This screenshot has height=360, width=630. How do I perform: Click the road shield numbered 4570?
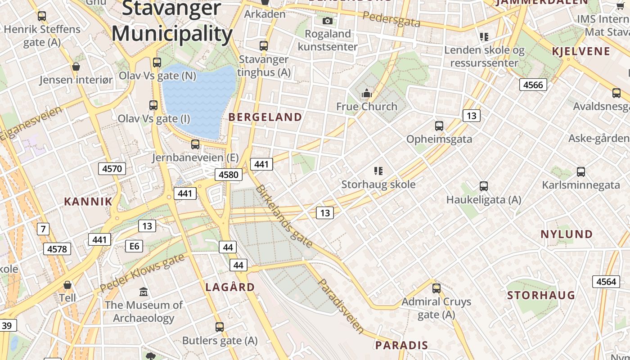[112, 169]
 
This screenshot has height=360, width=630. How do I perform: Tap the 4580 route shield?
[229, 175]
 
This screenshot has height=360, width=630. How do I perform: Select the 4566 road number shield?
[533, 85]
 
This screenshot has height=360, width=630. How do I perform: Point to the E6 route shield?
[134, 246]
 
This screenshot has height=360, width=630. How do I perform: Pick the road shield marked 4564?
[606, 282]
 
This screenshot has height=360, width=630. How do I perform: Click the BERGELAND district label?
[265, 117]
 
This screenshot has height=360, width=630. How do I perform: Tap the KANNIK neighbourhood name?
[88, 202]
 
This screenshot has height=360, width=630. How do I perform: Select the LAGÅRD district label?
[230, 287]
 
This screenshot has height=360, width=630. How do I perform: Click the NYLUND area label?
[567, 234]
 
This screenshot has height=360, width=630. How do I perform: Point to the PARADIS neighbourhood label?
[401, 346]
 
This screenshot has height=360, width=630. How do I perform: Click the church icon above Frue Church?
[367, 94]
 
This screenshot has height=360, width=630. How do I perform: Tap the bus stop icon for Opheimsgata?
[439, 126]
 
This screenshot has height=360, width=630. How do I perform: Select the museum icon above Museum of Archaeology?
[144, 292]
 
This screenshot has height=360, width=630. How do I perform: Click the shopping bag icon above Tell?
[67, 285]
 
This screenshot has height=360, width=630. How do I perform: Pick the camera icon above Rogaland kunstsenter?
[328, 21]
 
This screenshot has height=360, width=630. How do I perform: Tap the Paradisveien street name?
[341, 306]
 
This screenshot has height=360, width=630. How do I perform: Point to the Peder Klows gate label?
[142, 272]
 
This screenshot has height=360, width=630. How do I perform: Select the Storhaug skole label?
[378, 184]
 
